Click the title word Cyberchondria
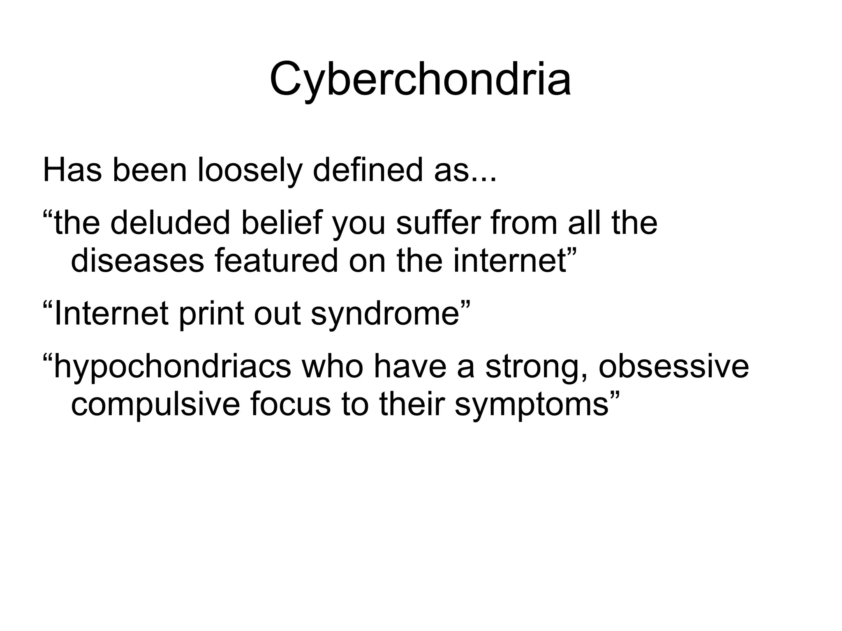point(420,80)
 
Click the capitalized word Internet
point(111,313)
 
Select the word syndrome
point(384,314)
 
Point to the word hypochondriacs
point(172,367)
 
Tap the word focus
point(290,404)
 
